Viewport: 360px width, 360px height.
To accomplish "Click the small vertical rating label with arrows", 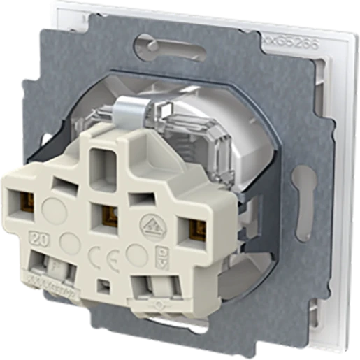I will point(161,258).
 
